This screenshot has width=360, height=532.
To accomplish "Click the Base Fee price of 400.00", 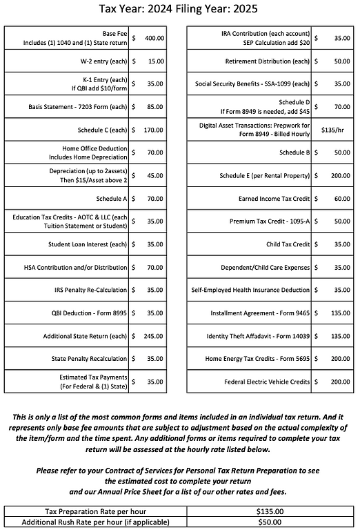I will point(154,38).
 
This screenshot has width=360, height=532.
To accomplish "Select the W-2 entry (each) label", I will point(97,61).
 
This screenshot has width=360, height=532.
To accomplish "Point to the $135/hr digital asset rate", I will point(333,129).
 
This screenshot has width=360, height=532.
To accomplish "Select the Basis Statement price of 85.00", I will point(156,107).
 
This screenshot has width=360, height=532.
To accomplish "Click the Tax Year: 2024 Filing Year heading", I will point(180,10).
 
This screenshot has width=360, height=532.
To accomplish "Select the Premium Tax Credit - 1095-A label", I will point(270,221).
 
